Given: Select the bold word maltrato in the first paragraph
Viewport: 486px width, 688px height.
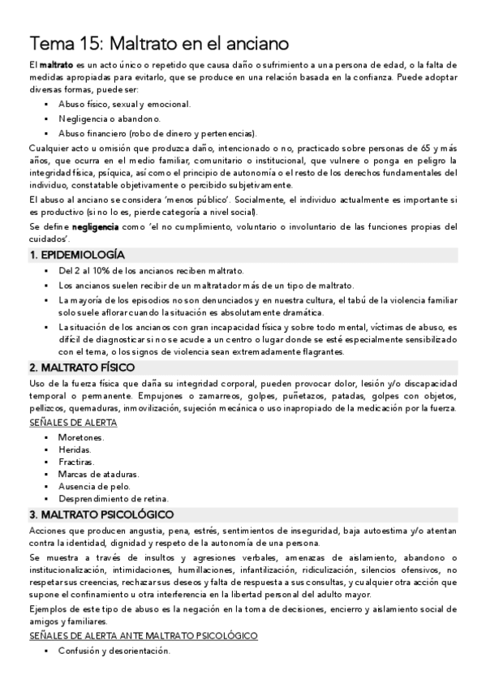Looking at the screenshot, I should [56, 64].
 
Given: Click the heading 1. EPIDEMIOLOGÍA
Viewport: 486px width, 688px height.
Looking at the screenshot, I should [77, 255].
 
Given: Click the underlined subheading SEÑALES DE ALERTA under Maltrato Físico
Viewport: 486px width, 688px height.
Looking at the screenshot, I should [72, 422].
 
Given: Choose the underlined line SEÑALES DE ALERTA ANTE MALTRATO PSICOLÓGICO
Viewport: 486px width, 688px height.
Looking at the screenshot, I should [143, 635].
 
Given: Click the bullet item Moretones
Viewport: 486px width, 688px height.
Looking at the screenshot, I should [81, 436].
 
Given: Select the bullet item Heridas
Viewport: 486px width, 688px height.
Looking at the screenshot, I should [75, 449].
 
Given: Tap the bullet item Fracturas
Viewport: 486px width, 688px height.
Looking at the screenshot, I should [76, 461].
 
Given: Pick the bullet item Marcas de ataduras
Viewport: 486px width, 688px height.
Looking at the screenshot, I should [92, 473].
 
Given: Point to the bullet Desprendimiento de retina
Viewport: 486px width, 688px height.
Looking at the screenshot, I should [113, 498].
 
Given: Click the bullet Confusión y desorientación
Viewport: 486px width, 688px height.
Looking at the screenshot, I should [114, 651].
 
